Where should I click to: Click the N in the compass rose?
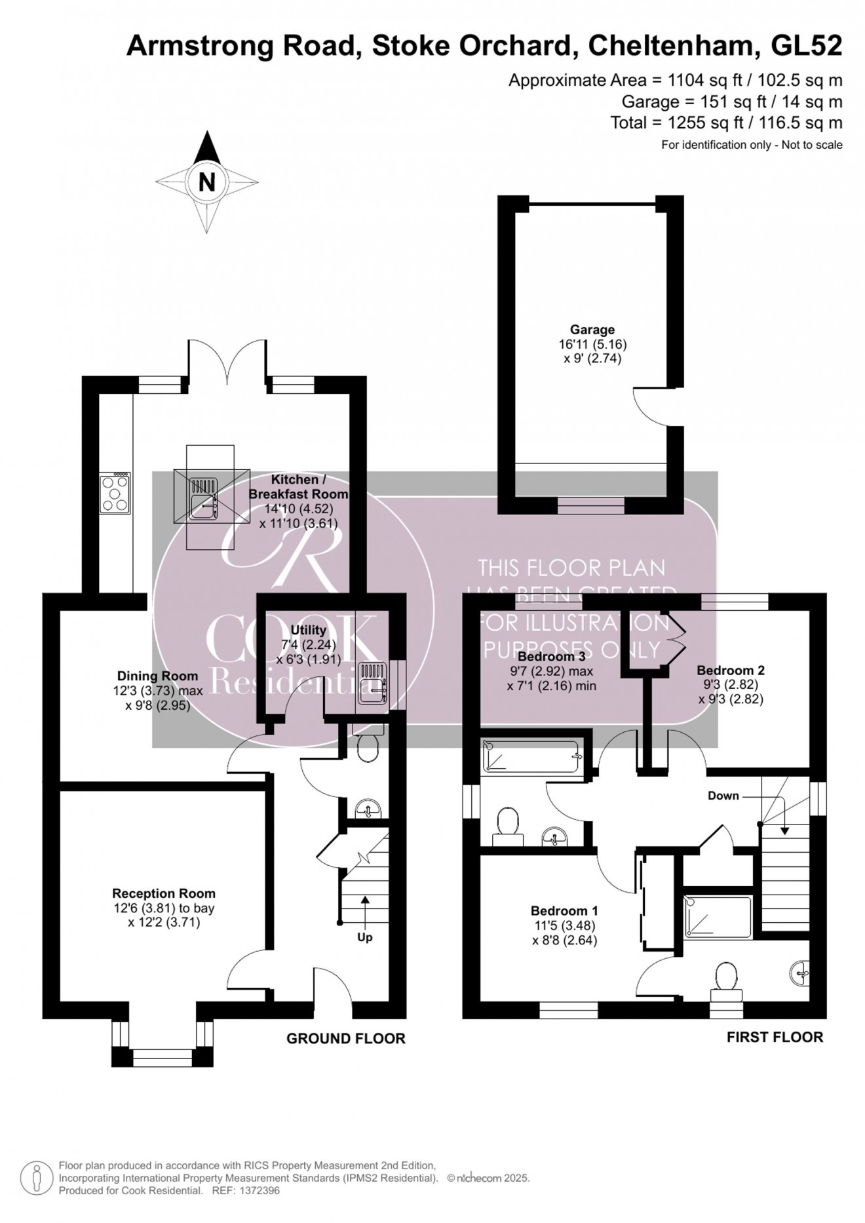[206, 182]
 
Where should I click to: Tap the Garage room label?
[592, 330]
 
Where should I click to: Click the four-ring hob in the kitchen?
[115, 494]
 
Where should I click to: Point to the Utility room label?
[308, 630]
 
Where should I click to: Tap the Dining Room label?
[157, 676]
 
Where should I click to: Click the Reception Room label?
[164, 893]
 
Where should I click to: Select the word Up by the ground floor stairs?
[365, 937]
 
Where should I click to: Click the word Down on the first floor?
[723, 796]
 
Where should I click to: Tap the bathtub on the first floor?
[531, 756]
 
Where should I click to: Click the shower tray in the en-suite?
[718, 916]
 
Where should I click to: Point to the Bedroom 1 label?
[564, 910]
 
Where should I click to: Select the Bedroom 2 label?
[730, 670]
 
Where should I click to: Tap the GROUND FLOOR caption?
[345, 1038]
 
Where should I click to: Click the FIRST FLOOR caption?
[775, 1037]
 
